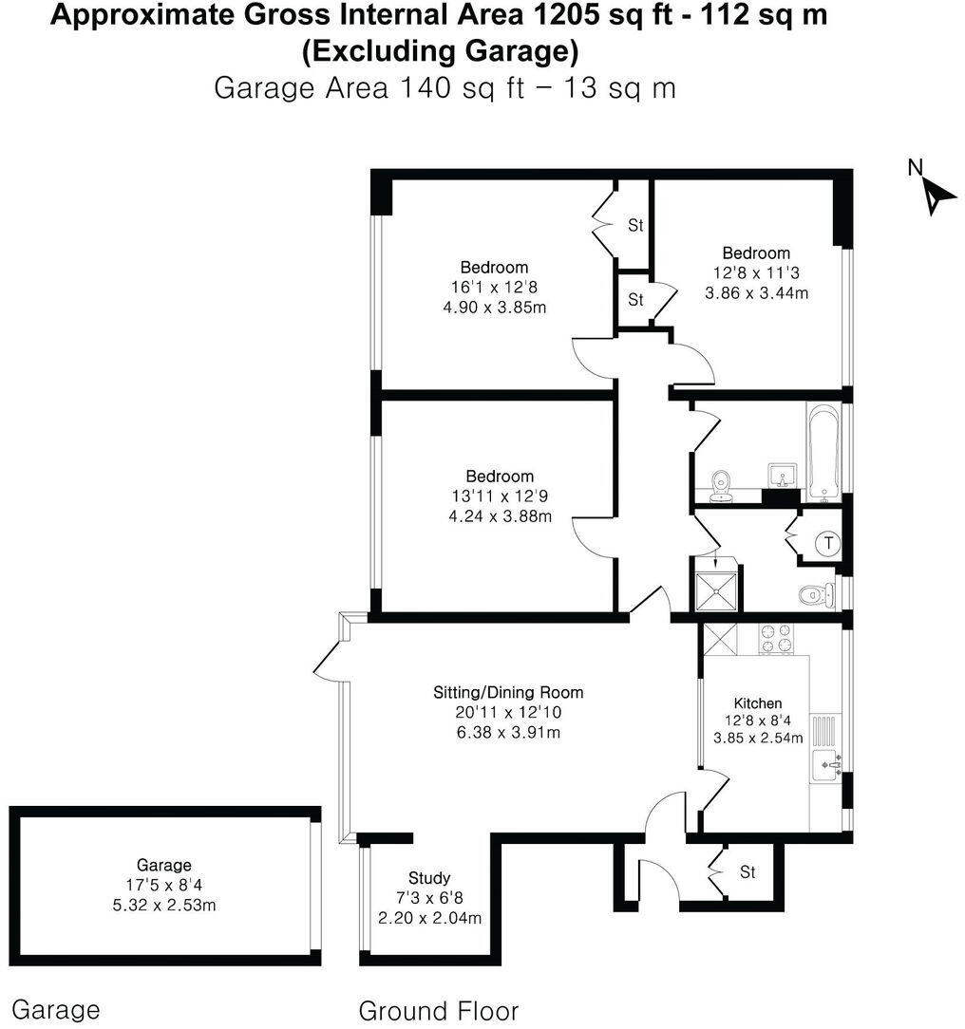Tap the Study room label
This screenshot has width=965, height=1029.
pyautogui.click(x=429, y=878)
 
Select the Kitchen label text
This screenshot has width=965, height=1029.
pyautogui.click(x=759, y=703)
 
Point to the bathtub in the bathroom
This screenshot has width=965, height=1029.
pyautogui.click(x=823, y=452)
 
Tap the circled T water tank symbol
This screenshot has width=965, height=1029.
pyautogui.click(x=829, y=544)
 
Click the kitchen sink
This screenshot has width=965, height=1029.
pyautogui.click(x=829, y=760)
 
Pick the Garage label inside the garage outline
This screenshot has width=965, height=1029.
pyautogui.click(x=164, y=865)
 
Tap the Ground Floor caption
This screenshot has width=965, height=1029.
pyautogui.click(x=439, y=1010)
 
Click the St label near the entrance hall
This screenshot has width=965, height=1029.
pyautogui.click(x=747, y=872)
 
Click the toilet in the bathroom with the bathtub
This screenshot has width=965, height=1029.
pyautogui.click(x=721, y=481)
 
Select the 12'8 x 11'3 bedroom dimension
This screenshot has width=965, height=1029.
pyautogui.click(x=756, y=273)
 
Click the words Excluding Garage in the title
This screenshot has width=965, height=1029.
pyautogui.click(x=440, y=52)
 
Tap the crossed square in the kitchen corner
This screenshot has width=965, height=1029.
pyautogui.click(x=715, y=638)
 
